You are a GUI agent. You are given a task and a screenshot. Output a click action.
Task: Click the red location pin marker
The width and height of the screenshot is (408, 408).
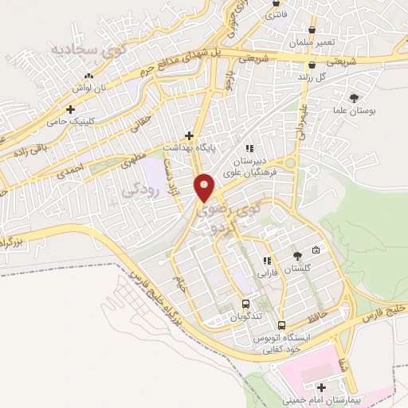coord(205,187)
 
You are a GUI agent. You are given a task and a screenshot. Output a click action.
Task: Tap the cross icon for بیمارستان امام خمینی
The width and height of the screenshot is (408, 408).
coord(320,387)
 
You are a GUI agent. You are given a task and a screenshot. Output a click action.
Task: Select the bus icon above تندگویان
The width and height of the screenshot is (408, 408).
coord(245,304)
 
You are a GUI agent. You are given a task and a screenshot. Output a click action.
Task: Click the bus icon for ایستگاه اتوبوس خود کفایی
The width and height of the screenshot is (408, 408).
coord(281,325)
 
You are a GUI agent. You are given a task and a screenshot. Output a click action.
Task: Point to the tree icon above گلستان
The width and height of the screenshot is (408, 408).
coord(297,256)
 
